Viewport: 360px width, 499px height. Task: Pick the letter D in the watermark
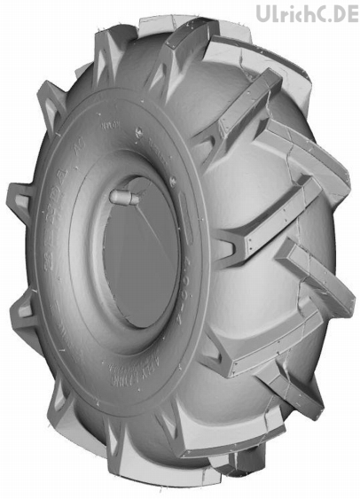340,13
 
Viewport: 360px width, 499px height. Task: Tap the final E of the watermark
352,13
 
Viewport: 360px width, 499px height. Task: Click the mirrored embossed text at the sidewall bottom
124,377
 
